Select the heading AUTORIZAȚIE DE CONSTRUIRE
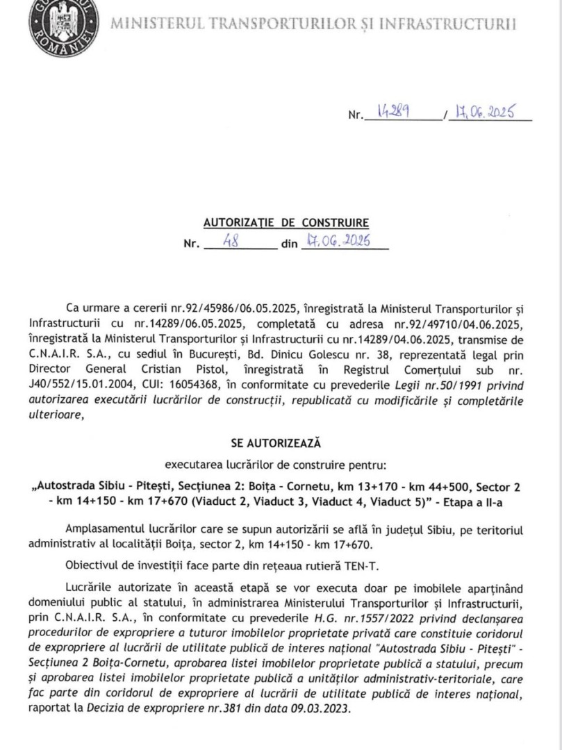click(286, 223)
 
